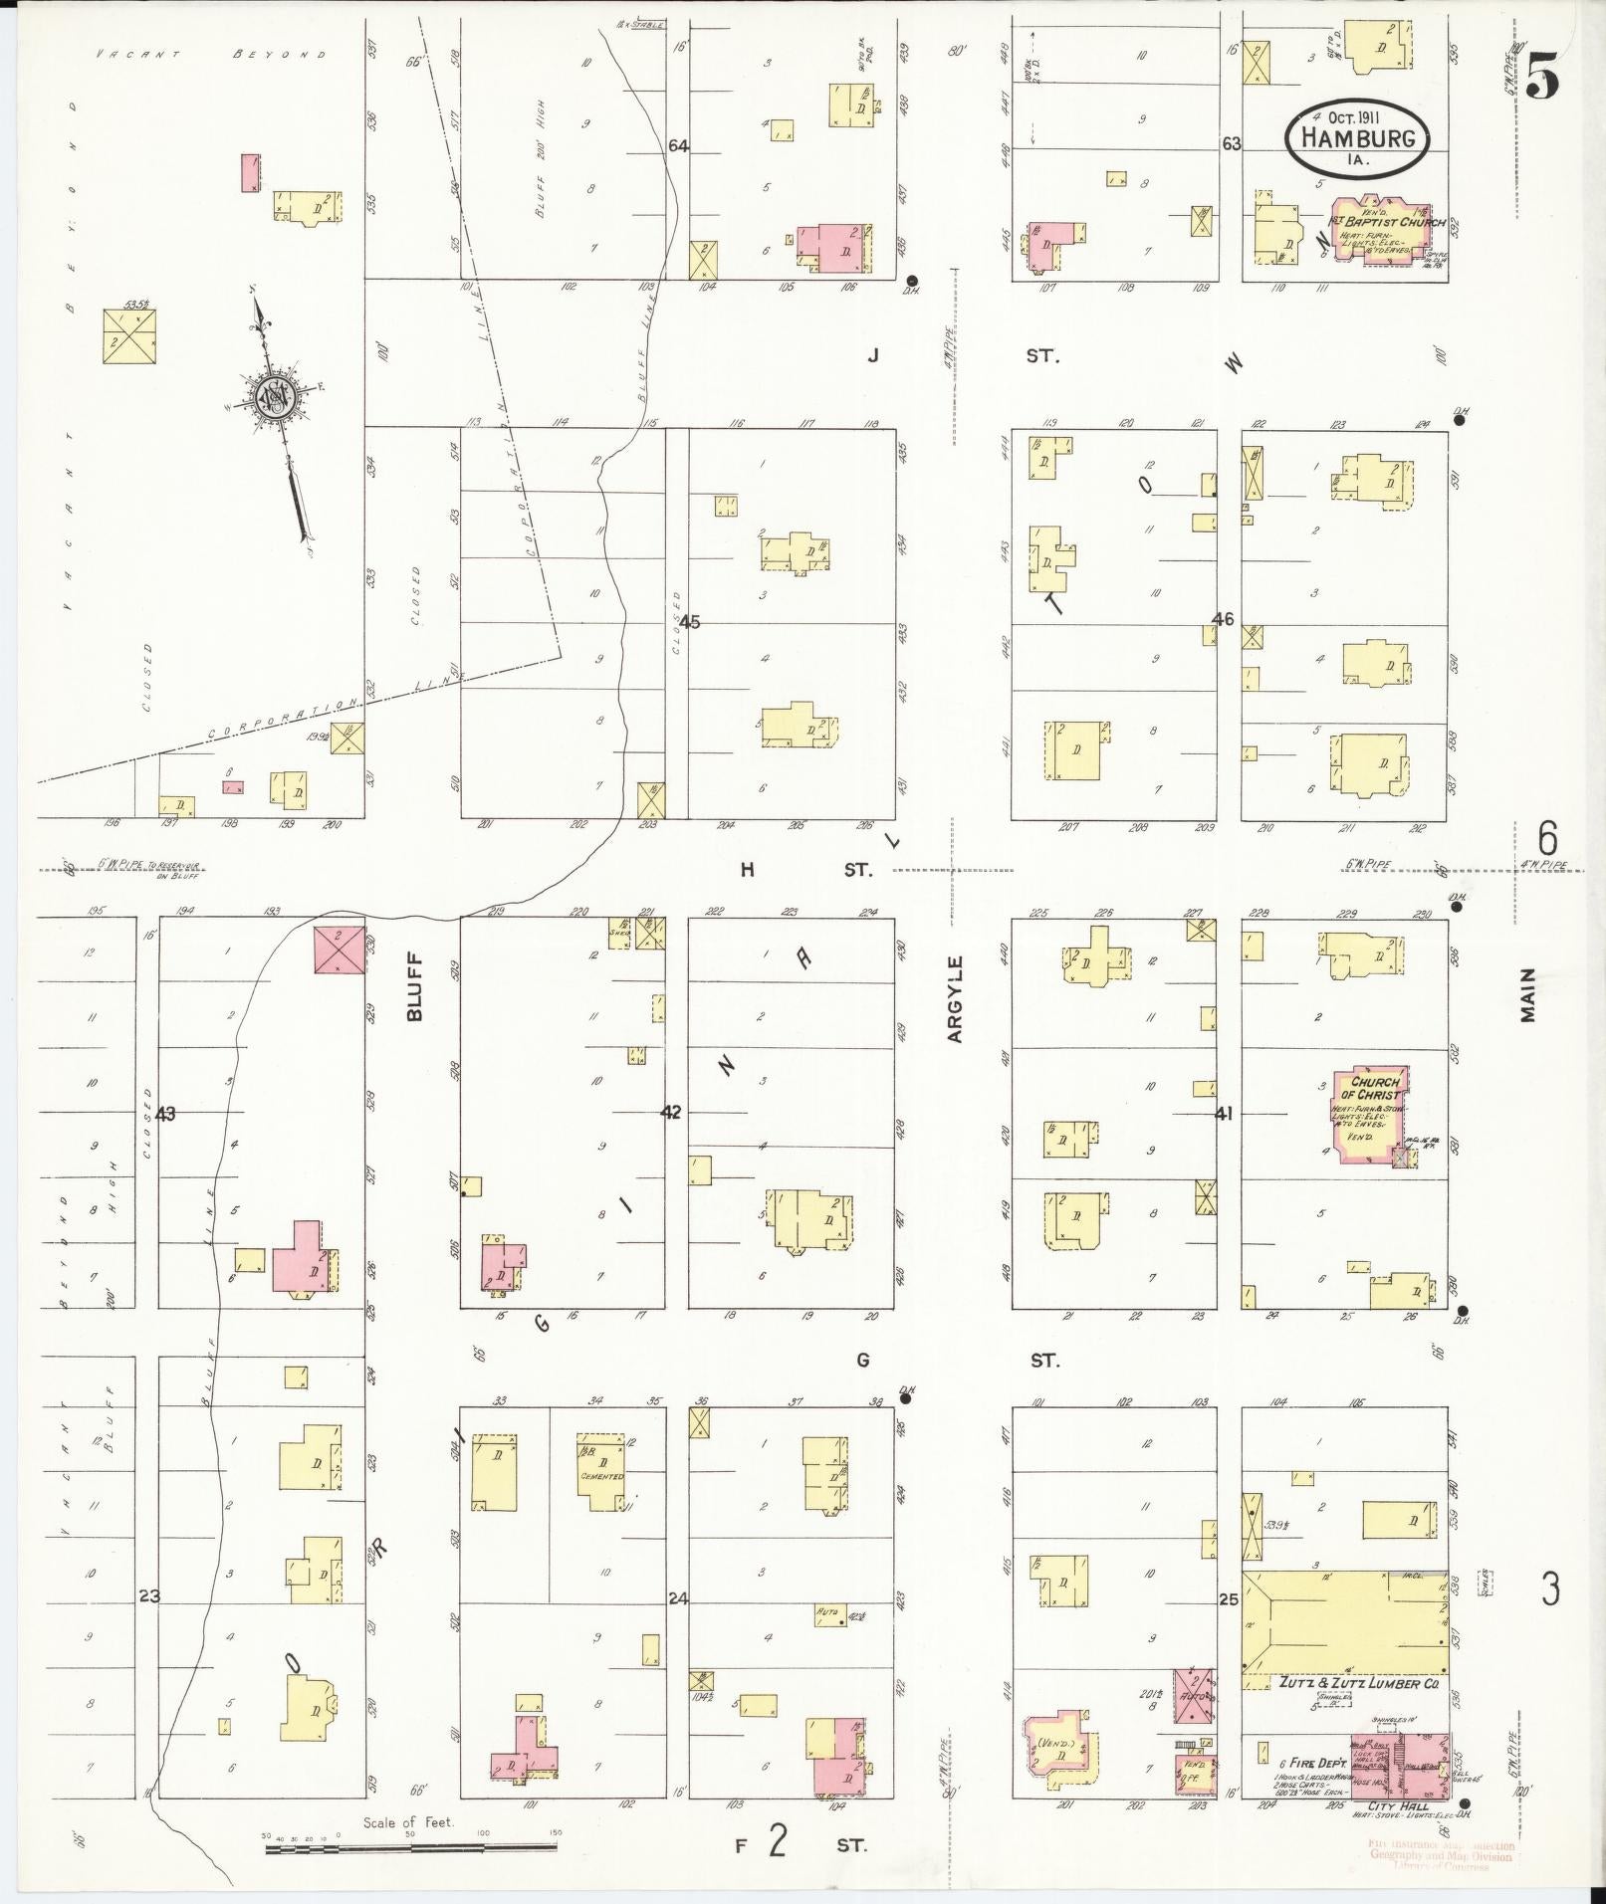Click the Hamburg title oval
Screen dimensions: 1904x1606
pyautogui.click(x=1358, y=137)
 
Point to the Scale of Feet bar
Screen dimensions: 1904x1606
pyautogui.click(x=410, y=1849)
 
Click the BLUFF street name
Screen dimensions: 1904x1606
pyautogui.click(x=414, y=986)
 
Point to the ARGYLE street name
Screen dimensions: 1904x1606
pyautogui.click(x=956, y=999)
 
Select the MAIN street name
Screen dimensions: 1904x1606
pyautogui.click(x=1527, y=994)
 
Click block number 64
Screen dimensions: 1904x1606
pyautogui.click(x=679, y=146)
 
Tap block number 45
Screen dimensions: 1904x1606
pyautogui.click(x=690, y=622)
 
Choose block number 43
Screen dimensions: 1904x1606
pyautogui.click(x=165, y=1114)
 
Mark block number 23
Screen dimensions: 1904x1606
pyautogui.click(x=149, y=1597)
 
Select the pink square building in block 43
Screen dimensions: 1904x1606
pyautogui.click(x=339, y=949)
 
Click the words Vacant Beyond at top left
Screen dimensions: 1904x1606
pyautogui.click(x=211, y=55)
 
